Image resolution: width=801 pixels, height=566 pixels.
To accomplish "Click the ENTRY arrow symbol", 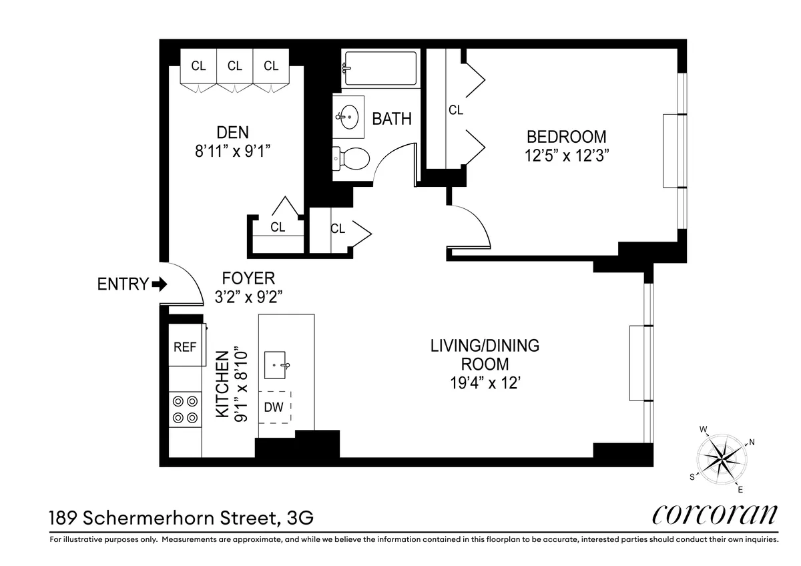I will tap(160, 284).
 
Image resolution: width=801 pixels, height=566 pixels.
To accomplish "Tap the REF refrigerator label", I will tap(185, 347).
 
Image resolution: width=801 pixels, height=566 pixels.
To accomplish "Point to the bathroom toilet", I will tap(352, 159).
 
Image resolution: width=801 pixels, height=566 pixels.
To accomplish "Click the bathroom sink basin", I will tap(348, 117).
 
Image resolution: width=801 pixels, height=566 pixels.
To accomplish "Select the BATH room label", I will tap(392, 119).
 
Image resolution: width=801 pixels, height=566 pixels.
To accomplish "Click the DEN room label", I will tap(232, 131).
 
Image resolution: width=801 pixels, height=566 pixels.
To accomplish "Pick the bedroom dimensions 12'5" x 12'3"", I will tap(567, 156).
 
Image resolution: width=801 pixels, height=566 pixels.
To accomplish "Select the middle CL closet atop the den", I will tap(234, 66).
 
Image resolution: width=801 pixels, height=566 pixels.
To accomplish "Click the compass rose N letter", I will tap(752, 442).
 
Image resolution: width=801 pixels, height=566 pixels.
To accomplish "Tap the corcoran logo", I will tap(714, 515).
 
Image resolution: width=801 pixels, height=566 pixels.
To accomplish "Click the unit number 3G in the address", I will tap(298, 517).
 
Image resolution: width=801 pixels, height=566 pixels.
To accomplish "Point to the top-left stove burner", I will tap(179, 401).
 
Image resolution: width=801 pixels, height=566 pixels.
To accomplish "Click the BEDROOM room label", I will tap(567, 137).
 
